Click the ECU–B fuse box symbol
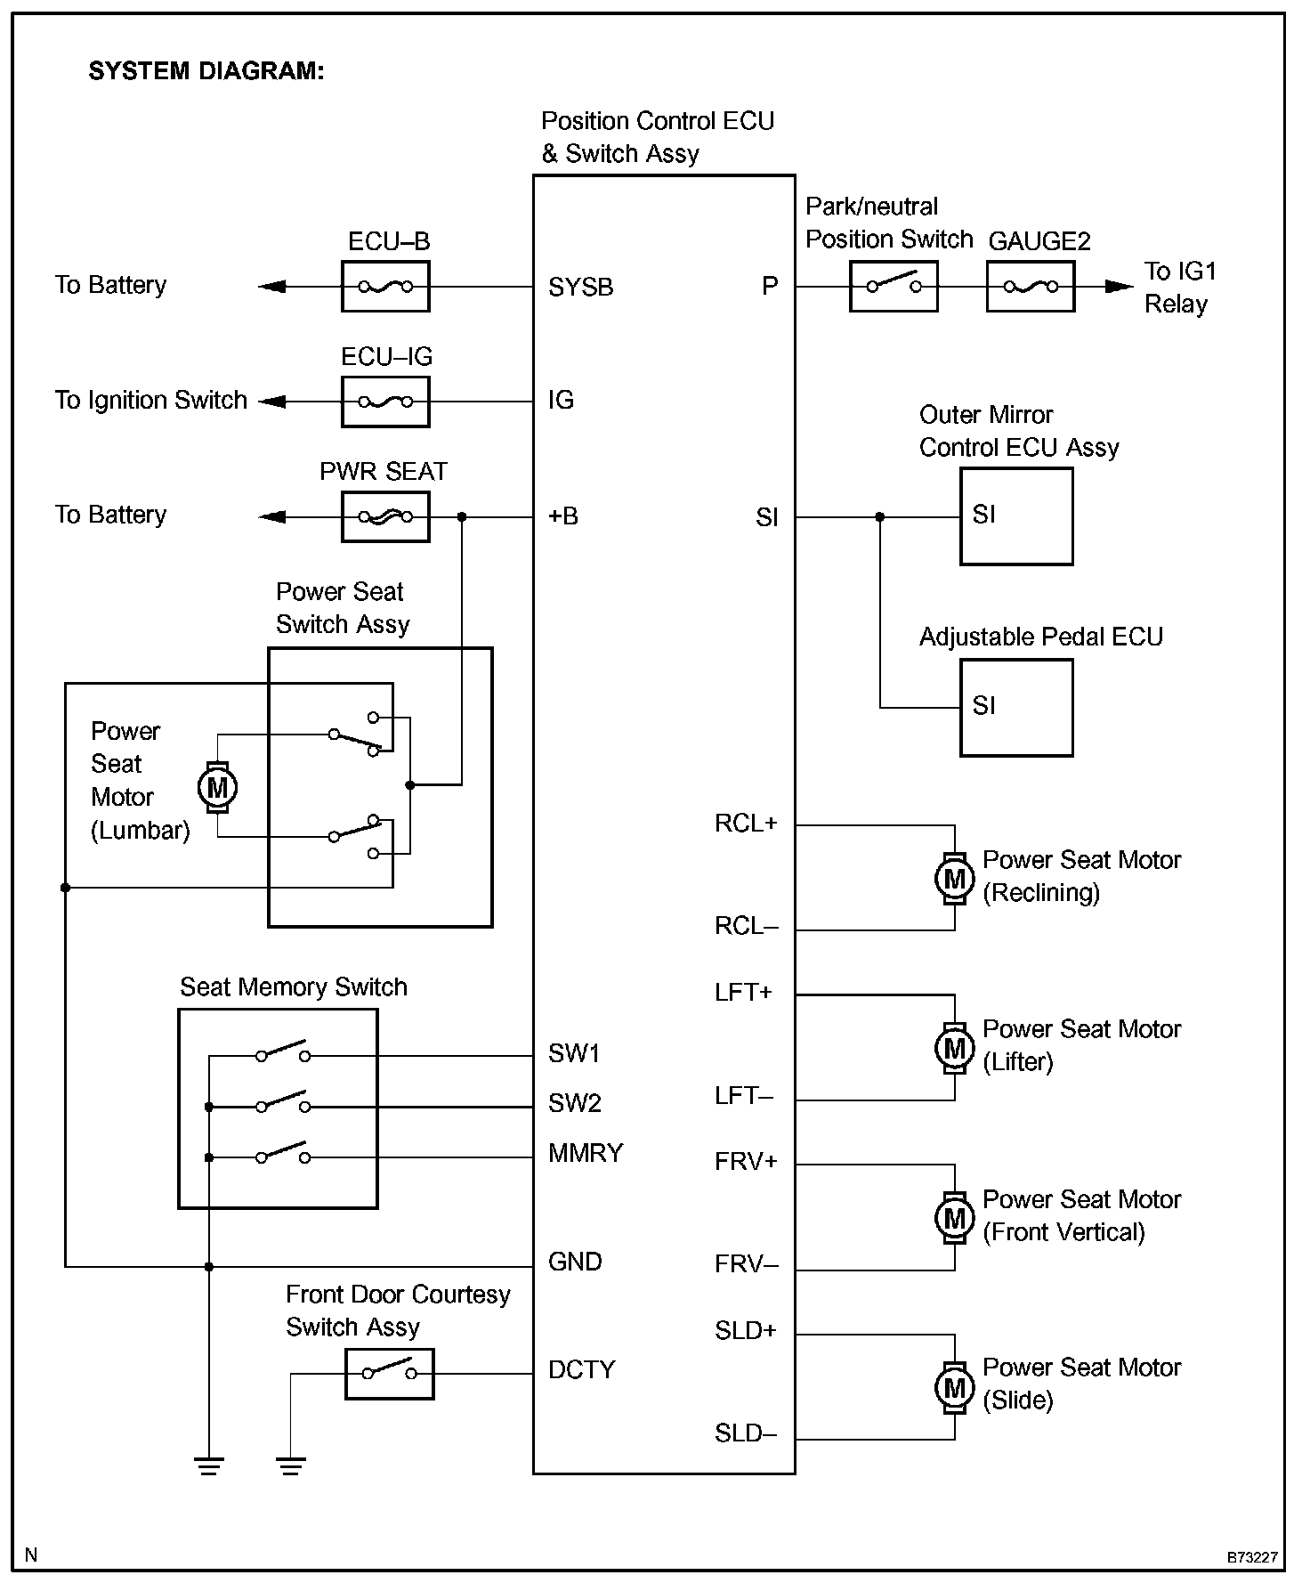click(x=385, y=287)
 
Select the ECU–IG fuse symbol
click(x=385, y=402)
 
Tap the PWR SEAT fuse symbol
click(x=385, y=516)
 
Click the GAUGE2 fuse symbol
click(x=1031, y=287)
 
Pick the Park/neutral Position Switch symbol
click(x=894, y=287)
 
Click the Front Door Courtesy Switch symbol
click(x=389, y=1374)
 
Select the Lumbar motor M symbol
click(x=217, y=787)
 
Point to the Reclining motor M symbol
click(x=954, y=879)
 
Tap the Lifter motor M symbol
click(x=954, y=1048)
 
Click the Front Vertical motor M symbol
click(x=954, y=1217)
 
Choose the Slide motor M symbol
click(x=954, y=1387)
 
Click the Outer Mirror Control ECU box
click(x=1016, y=517)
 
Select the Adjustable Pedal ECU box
click(x=1016, y=708)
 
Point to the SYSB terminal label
click(x=580, y=288)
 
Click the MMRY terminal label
click(x=586, y=1154)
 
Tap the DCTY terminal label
click(x=581, y=1370)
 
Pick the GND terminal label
click(x=575, y=1262)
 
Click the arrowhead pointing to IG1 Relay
click(x=1118, y=287)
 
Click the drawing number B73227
click(x=1252, y=1557)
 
